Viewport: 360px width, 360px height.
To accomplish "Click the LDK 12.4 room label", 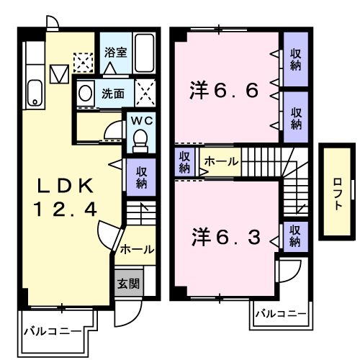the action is [x=65, y=197].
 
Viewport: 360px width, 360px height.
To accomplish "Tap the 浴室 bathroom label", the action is [x=116, y=53].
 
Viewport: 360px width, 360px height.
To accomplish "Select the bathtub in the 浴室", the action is [x=144, y=53].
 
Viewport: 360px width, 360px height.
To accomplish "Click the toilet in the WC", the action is [x=140, y=141].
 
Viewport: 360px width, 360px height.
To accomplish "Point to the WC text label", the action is [x=142, y=120].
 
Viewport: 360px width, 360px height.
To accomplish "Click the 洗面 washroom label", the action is [x=113, y=94].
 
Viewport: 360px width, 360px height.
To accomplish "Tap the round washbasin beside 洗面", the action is [x=85, y=93].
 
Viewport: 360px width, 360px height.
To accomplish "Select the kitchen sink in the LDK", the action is [x=35, y=93].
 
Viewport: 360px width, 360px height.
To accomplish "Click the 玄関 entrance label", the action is [x=128, y=284].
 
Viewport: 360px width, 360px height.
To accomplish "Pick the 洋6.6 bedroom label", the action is [x=224, y=91].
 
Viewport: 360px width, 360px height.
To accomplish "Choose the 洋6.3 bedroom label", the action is [x=226, y=237].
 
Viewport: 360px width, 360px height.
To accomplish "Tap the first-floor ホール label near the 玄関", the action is [x=137, y=250].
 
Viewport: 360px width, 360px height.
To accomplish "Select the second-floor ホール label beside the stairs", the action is [x=222, y=161].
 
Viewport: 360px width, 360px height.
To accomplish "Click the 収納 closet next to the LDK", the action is [x=141, y=177].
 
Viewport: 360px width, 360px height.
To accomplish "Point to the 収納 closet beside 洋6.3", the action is [x=295, y=236].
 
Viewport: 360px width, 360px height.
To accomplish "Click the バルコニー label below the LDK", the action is [x=53, y=332].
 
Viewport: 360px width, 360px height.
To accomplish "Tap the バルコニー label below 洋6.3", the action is [x=281, y=314].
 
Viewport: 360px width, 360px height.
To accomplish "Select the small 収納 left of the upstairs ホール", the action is [x=184, y=162].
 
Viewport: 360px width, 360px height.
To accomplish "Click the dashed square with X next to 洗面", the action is [x=145, y=93].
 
